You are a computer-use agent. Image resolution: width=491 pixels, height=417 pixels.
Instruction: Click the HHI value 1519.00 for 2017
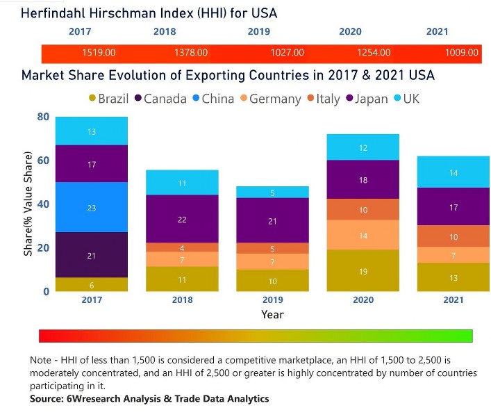coord(99,53)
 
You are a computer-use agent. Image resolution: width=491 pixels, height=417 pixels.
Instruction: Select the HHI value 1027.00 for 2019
coord(287,53)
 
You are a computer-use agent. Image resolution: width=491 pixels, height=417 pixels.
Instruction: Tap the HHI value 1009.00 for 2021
coord(462,53)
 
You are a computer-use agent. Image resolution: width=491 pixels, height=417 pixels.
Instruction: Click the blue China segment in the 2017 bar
coord(92,207)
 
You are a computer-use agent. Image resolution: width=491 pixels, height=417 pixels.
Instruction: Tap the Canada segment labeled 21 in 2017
coord(92,254)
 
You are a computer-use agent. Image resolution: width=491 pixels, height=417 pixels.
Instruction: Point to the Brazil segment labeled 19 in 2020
coord(363,271)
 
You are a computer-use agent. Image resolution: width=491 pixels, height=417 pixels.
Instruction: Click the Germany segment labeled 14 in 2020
coord(363,235)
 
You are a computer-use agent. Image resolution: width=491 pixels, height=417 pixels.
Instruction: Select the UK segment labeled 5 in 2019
coord(272,193)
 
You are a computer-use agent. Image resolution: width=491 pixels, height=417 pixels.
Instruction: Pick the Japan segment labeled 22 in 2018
coord(182,219)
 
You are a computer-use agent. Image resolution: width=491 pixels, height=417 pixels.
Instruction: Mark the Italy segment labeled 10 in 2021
coord(453,236)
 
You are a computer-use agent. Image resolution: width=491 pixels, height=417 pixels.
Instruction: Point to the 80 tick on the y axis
coord(43,117)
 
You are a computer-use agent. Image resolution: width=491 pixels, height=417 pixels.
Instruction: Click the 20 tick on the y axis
coord(43,248)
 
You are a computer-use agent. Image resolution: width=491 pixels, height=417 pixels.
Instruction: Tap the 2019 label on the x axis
coord(272,300)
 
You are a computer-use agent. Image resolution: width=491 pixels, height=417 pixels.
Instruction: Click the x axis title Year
coord(272,314)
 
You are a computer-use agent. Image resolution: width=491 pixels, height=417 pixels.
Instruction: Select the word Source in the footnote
coord(47,399)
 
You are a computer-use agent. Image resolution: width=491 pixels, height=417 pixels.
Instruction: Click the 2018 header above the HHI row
coord(164,32)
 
